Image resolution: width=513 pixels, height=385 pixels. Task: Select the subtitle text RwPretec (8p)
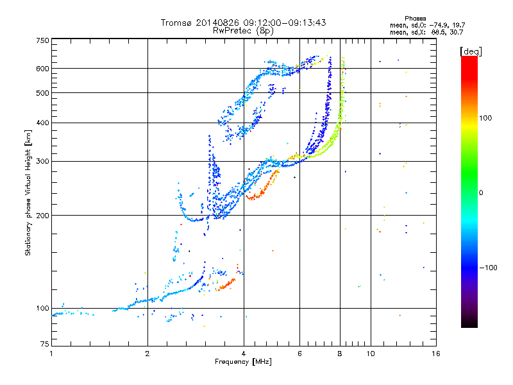(x=243, y=31)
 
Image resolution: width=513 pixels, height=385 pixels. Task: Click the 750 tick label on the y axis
(x=42, y=40)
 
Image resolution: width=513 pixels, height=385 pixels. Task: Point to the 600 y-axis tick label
(x=42, y=69)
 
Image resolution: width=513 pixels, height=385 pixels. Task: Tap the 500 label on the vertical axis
(x=42, y=93)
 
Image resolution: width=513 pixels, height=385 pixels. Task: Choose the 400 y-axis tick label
(x=42, y=123)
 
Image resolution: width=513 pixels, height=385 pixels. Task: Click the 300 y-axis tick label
(x=42, y=162)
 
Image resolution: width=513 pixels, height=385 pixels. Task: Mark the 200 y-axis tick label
(x=42, y=216)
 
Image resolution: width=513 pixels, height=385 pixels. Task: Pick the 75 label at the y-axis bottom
(x=45, y=344)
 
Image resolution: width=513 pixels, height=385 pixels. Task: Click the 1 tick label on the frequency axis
(x=51, y=354)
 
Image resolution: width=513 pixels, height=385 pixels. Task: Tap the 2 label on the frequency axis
(x=147, y=354)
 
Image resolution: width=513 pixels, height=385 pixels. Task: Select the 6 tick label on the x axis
(x=299, y=354)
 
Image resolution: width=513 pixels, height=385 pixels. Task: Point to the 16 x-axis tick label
(x=436, y=354)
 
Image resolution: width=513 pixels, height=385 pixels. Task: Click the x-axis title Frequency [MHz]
(x=243, y=362)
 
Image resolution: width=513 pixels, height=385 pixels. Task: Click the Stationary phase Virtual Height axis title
(x=28, y=193)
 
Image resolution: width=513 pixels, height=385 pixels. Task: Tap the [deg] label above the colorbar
(x=471, y=52)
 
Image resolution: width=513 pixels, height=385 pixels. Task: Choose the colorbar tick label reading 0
(x=481, y=193)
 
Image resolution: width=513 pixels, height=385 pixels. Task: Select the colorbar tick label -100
(x=489, y=268)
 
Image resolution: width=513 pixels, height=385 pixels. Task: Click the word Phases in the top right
(x=415, y=19)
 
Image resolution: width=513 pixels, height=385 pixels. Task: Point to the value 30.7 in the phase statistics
(x=457, y=33)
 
